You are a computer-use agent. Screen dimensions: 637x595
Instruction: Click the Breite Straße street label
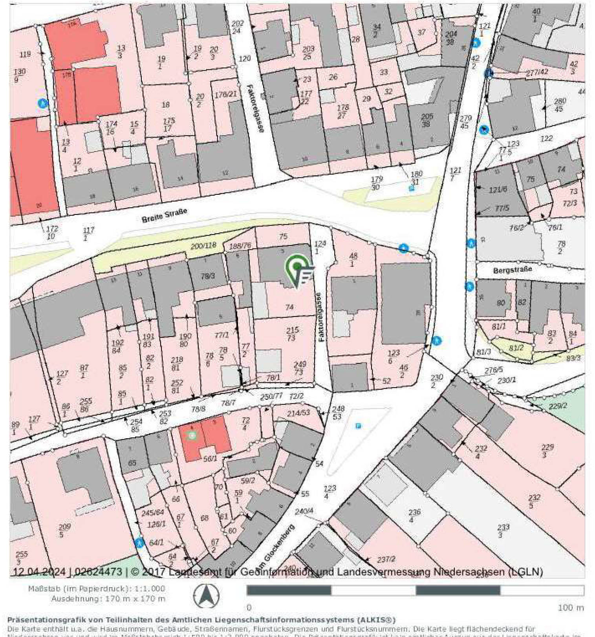pos(164,215)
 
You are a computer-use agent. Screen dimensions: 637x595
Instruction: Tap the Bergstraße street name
pos(512,270)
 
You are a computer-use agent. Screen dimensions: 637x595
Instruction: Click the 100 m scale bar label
pos(571,608)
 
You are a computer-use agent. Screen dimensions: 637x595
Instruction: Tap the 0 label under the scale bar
pos(249,608)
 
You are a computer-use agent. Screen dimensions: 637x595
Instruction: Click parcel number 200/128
pos(203,246)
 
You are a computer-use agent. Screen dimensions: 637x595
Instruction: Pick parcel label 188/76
pos(240,246)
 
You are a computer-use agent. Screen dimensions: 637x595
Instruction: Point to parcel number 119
pos(25,54)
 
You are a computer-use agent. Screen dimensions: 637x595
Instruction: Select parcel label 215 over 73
pos(292,334)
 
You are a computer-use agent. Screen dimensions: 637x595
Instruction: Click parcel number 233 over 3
pos(503,531)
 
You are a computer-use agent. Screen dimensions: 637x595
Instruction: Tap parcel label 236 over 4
pos(414,516)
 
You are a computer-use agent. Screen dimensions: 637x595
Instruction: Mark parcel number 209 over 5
pos(64,530)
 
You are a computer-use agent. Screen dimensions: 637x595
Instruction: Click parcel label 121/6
pos(498,190)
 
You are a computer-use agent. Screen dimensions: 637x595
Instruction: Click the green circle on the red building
pos(192,435)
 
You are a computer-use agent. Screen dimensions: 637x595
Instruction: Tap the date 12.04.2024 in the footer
pos(39,572)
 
